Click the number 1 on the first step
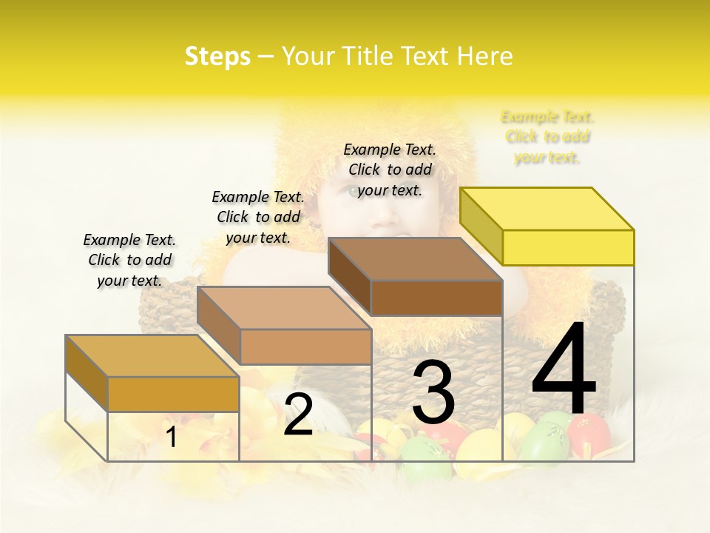[x=172, y=437]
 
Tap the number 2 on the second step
[x=298, y=415]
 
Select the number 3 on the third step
[x=433, y=392]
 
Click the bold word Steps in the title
[x=217, y=56]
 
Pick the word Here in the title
[x=484, y=56]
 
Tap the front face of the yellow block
[x=568, y=247]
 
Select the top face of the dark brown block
[x=415, y=259]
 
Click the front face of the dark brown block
[x=436, y=298]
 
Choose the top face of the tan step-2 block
[x=283, y=308]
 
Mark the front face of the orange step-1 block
[x=173, y=394]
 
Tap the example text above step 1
[x=129, y=260]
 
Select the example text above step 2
[x=258, y=217]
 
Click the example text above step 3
[x=390, y=170]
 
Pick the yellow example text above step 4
[x=547, y=137]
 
